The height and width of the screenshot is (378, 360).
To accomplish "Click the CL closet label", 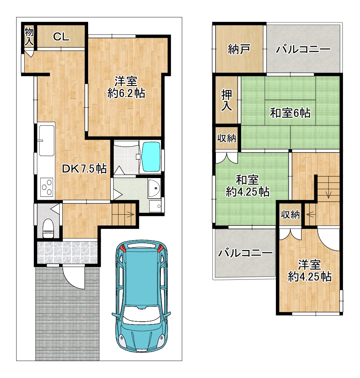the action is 61,37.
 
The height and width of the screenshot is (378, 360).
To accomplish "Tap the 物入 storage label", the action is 29,37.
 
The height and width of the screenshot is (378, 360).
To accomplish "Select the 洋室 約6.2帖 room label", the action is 126,87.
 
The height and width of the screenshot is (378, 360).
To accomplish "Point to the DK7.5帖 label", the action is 84,169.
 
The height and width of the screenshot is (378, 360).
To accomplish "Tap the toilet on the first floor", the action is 48,228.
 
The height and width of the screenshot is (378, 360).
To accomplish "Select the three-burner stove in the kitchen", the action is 47,187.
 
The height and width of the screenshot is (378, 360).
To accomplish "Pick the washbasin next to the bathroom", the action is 154,188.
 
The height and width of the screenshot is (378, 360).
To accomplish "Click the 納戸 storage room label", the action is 239,49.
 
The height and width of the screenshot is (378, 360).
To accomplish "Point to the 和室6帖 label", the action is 290,113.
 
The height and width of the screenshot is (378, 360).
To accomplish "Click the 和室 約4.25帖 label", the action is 248,186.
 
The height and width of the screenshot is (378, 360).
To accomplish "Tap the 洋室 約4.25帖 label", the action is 310,271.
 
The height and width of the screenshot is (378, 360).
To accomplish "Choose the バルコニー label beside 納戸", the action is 303,49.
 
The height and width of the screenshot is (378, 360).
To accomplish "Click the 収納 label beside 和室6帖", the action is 226,138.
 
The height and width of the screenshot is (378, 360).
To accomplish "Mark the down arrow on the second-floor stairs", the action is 328,193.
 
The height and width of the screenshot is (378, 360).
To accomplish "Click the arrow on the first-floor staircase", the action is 129,214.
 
